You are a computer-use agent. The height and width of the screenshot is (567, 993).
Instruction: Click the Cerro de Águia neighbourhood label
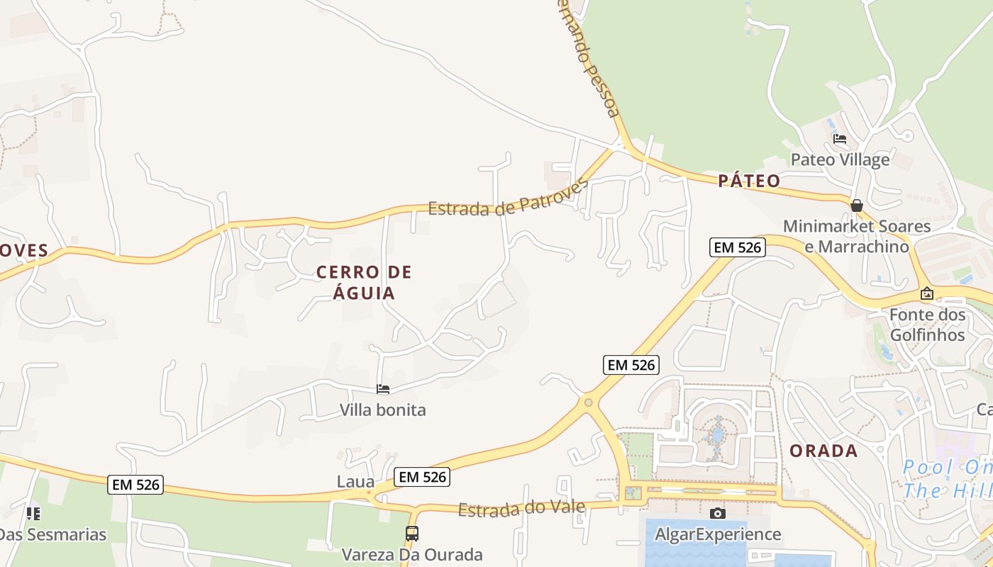[x=364, y=282]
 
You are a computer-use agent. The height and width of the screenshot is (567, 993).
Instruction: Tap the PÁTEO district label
[x=749, y=181]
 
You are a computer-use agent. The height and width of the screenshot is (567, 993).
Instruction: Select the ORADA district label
[x=823, y=451]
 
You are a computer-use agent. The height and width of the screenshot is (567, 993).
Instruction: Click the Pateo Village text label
[x=840, y=159]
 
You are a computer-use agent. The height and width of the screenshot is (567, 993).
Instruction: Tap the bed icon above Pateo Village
[x=840, y=139]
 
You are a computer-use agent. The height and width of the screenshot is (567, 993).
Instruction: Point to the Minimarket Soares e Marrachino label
[x=856, y=237]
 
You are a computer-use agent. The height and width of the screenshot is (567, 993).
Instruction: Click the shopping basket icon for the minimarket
[x=857, y=206]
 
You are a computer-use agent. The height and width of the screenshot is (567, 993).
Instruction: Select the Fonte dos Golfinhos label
[x=927, y=325]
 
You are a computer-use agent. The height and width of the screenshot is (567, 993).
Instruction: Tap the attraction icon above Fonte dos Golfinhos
[x=926, y=293]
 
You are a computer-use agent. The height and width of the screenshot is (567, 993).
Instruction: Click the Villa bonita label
[x=382, y=410]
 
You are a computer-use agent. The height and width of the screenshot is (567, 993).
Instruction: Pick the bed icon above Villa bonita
[x=383, y=389]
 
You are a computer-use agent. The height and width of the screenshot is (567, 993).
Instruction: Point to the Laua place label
[x=355, y=482]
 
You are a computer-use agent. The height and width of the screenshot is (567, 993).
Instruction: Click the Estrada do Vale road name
[x=521, y=508]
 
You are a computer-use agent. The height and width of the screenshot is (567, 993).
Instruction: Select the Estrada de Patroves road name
[x=509, y=200]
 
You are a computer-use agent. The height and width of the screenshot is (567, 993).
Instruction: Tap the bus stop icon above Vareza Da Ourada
[x=412, y=534]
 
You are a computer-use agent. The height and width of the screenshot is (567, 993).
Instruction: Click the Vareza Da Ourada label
[x=412, y=554]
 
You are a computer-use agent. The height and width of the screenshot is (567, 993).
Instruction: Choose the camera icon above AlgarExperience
[x=718, y=513]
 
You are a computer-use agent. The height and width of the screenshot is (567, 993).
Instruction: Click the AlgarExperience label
[x=718, y=534]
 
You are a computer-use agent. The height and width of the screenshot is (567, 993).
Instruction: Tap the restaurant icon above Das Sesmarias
[x=33, y=513]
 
